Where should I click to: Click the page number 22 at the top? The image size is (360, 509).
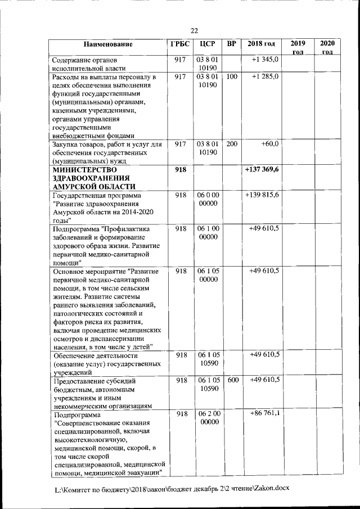194,30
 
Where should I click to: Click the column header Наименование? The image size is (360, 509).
108,44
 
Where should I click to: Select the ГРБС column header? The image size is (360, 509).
180,44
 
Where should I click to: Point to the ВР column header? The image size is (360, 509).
232,44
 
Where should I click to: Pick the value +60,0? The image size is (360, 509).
270,144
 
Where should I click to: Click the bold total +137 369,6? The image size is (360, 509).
262,169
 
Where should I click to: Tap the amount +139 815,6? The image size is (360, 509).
262,195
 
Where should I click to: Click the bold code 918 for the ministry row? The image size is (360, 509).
180,169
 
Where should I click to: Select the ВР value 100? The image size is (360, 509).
232,76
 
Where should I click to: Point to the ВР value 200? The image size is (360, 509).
232,144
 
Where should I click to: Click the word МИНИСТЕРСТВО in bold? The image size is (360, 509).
84,169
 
